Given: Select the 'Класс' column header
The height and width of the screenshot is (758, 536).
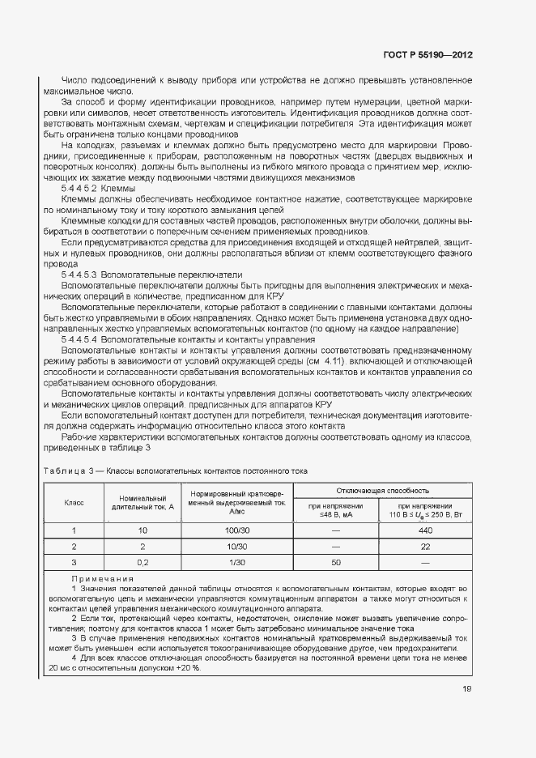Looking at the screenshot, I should [x=74, y=503].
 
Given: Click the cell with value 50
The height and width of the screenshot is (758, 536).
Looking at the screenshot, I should [x=337, y=562].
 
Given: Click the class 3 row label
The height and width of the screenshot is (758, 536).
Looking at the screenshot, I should [x=74, y=562].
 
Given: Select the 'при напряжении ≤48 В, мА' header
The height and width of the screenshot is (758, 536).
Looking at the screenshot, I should [x=337, y=510].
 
